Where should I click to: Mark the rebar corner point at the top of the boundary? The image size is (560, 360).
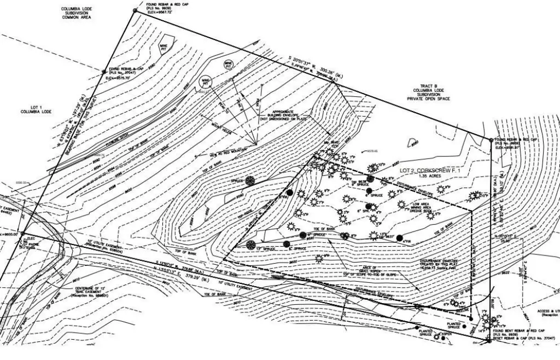135,10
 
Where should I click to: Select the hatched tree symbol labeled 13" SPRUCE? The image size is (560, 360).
251,245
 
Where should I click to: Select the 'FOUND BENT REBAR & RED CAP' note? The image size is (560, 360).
526,331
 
